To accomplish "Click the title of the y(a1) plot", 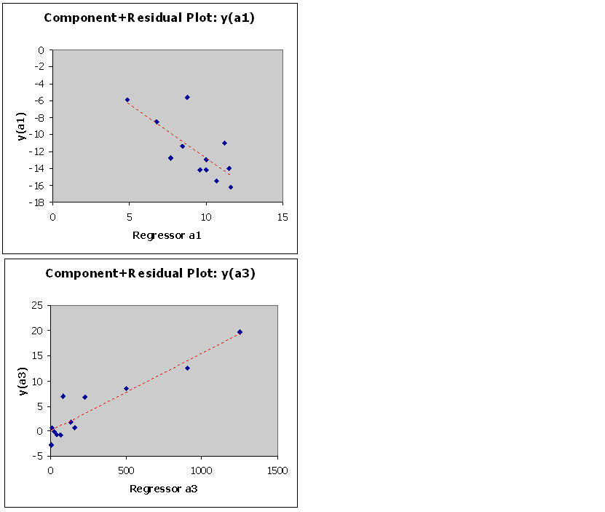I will (x=149, y=17).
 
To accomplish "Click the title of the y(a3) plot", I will (x=150, y=273).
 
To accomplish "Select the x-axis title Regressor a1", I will (x=167, y=235).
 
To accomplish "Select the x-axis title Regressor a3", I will (x=163, y=488).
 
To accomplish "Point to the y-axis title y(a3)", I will (x=23, y=379).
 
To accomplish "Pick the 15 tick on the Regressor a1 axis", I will (x=283, y=217).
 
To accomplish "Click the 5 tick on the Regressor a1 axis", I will (x=129, y=217).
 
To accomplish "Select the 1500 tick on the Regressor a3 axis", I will (x=277, y=470).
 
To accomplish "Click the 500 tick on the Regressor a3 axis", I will (x=126, y=470).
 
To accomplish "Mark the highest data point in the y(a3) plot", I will (x=240, y=332).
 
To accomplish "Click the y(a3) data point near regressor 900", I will (x=187, y=368).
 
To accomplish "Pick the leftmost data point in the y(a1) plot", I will (x=127, y=100).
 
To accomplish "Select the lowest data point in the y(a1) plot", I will (x=231, y=187).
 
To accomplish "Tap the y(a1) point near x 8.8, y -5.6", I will (x=187, y=97).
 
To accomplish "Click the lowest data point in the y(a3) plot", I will (x=51, y=445).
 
